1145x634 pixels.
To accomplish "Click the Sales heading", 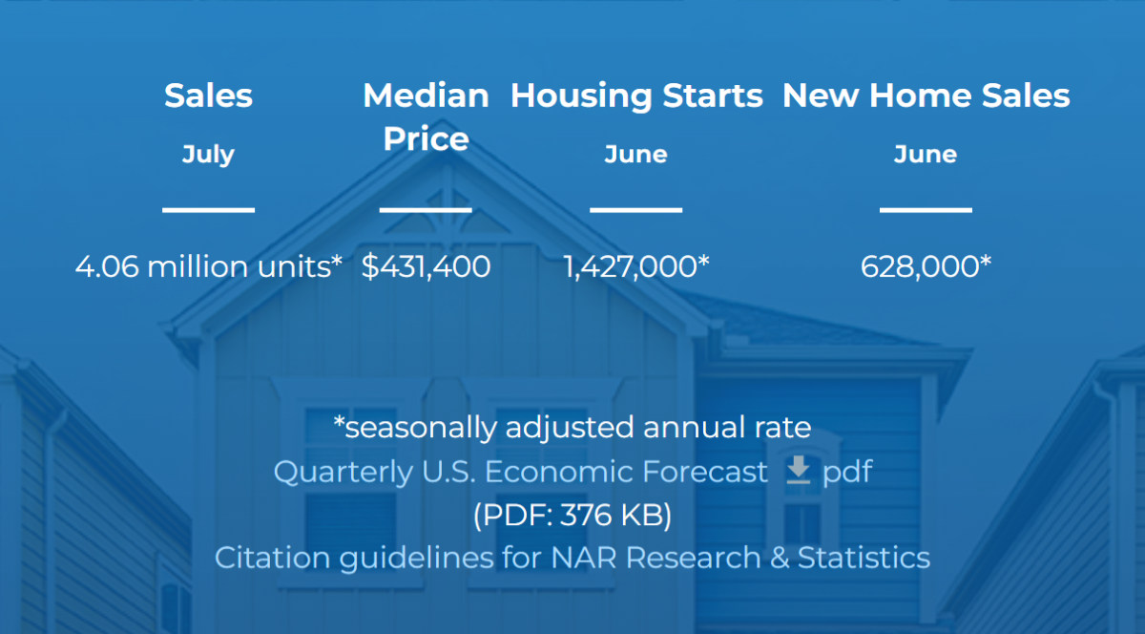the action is tap(209, 95).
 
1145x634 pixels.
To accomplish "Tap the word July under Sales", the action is tap(209, 155).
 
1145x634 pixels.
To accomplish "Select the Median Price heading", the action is tap(426, 117).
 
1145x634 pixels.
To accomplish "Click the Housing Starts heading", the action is tap(636, 96).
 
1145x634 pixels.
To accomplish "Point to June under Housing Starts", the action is tap(635, 155).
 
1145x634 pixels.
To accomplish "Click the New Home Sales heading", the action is tap(926, 95).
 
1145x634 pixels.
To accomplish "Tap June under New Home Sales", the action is tap(926, 155).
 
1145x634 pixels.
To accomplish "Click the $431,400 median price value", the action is tap(426, 266).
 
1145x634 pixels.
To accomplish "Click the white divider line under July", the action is tap(209, 210).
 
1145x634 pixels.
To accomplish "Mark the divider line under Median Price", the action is tap(426, 210).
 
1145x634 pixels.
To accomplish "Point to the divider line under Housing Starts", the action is tap(635, 210).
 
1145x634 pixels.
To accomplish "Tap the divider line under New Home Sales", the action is tap(926, 210).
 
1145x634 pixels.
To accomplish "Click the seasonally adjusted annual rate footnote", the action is tap(572, 428).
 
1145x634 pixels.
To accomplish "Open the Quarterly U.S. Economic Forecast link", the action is tap(520, 472).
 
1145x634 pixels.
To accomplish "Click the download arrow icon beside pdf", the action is tap(798, 470).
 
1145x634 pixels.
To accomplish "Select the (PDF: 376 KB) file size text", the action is tap(572, 515).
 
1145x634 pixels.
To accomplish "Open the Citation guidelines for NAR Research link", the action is tap(572, 559).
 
